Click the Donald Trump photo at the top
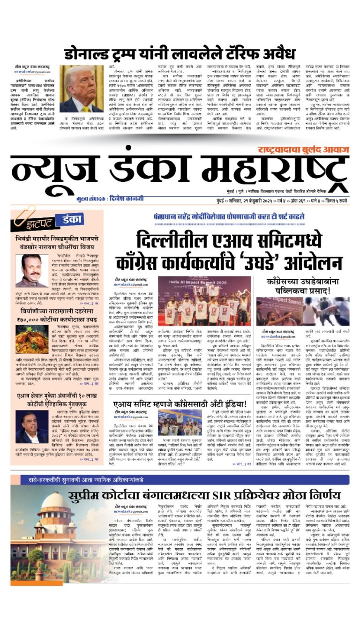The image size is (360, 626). pyautogui.click(x=81, y=89)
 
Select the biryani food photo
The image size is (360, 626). pyautogui.click(x=32, y=339)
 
